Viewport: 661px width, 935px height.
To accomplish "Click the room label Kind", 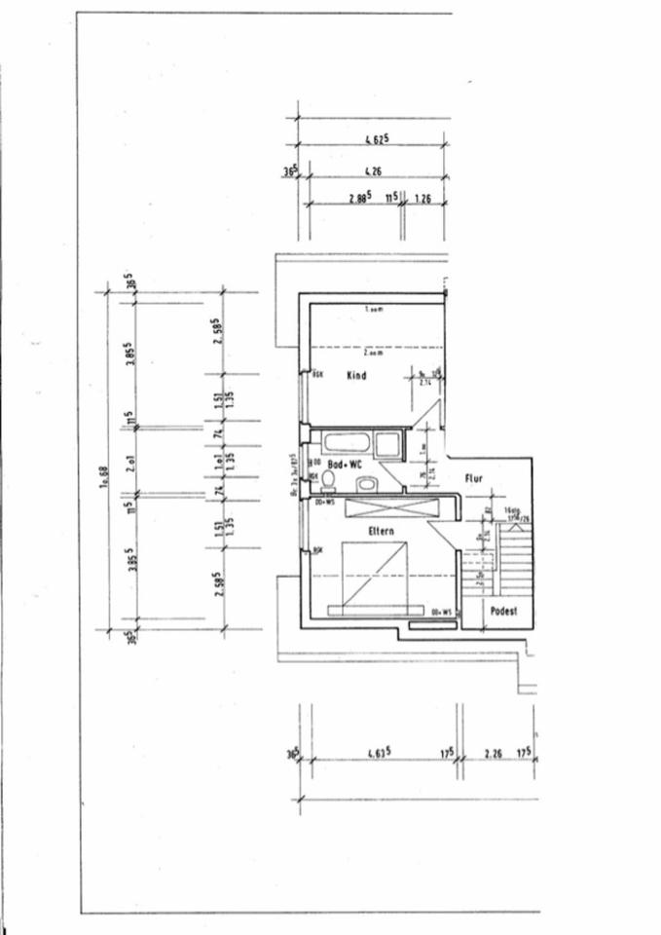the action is (356, 375).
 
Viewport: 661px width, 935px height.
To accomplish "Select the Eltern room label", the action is (381, 531).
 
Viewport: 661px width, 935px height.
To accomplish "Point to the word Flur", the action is (474, 478).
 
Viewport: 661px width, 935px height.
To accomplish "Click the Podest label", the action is (503, 612).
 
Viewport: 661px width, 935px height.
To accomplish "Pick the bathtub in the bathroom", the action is (347, 443).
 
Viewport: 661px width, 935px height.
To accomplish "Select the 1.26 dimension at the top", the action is (422, 198).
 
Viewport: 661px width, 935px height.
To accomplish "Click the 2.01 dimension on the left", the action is (130, 462).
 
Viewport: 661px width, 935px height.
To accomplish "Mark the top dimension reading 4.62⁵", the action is (376, 138).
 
